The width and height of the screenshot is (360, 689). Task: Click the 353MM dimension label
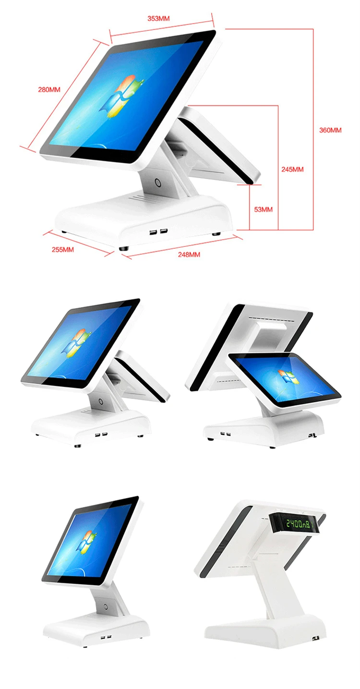coord(158,18)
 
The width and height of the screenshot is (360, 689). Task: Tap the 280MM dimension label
coord(49,89)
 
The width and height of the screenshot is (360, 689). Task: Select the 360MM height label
coord(330,130)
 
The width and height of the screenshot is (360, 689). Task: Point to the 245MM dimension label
coord(292,169)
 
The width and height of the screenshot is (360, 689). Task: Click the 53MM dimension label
coord(263,209)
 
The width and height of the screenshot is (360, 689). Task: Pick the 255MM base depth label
coord(63,250)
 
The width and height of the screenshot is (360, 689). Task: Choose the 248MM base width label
coord(189,254)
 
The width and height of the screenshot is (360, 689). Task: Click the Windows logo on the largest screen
coord(122,96)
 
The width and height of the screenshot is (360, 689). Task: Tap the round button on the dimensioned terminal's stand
coord(158,183)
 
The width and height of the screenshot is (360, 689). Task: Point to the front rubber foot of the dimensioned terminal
coord(123,248)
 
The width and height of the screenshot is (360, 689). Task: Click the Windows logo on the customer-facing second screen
coord(288,377)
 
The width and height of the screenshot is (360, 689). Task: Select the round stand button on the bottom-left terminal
coord(106,607)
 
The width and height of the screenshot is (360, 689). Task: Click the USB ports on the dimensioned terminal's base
coord(158,231)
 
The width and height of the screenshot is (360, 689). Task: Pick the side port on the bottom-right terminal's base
coord(315,638)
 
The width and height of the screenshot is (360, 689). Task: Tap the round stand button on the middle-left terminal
coord(100,401)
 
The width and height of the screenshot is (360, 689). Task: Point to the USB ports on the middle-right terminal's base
coord(226,434)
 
